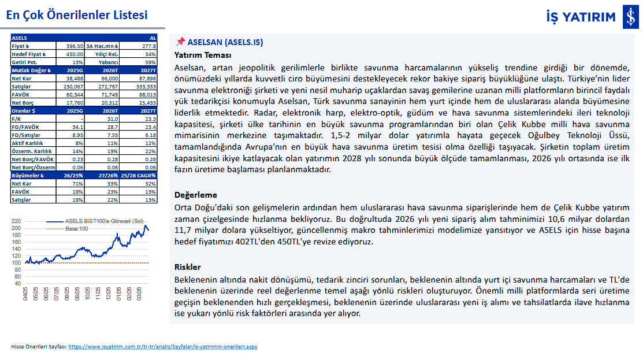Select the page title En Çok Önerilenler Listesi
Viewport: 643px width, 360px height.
[77, 16]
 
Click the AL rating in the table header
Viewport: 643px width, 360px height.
[153, 37]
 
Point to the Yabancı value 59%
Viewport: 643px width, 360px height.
[150, 62]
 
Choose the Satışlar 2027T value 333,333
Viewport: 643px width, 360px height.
[144, 86]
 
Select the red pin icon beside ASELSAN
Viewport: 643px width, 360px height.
[180, 42]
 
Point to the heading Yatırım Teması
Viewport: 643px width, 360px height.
[203, 55]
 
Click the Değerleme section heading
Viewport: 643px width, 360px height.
[196, 195]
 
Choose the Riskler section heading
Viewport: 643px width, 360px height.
[188, 267]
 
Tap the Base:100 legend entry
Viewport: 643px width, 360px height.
[76, 228]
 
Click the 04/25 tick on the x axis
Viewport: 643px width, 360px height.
[25, 294]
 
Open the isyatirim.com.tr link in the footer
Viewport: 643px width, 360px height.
[162, 347]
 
